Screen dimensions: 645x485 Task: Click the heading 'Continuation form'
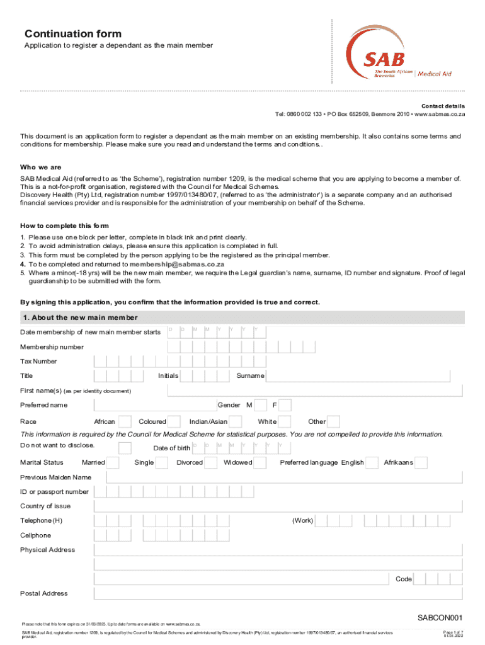tap(73, 34)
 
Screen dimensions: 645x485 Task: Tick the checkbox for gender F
tap(285, 405)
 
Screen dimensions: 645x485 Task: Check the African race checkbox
tap(125, 421)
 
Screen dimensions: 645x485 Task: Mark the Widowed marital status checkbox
tap(261, 463)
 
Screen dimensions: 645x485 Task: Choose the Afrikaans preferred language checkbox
tap(421, 463)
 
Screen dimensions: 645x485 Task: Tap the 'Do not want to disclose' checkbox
tap(125, 448)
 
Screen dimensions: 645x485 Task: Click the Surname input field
tap(358, 376)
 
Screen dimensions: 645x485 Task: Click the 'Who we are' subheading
tap(41, 168)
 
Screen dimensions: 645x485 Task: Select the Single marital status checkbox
tap(161, 463)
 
